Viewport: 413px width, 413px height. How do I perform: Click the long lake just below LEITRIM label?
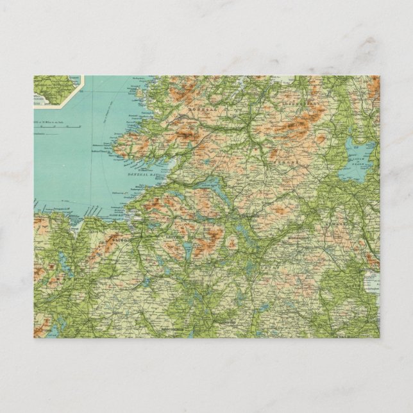click(x=187, y=251)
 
